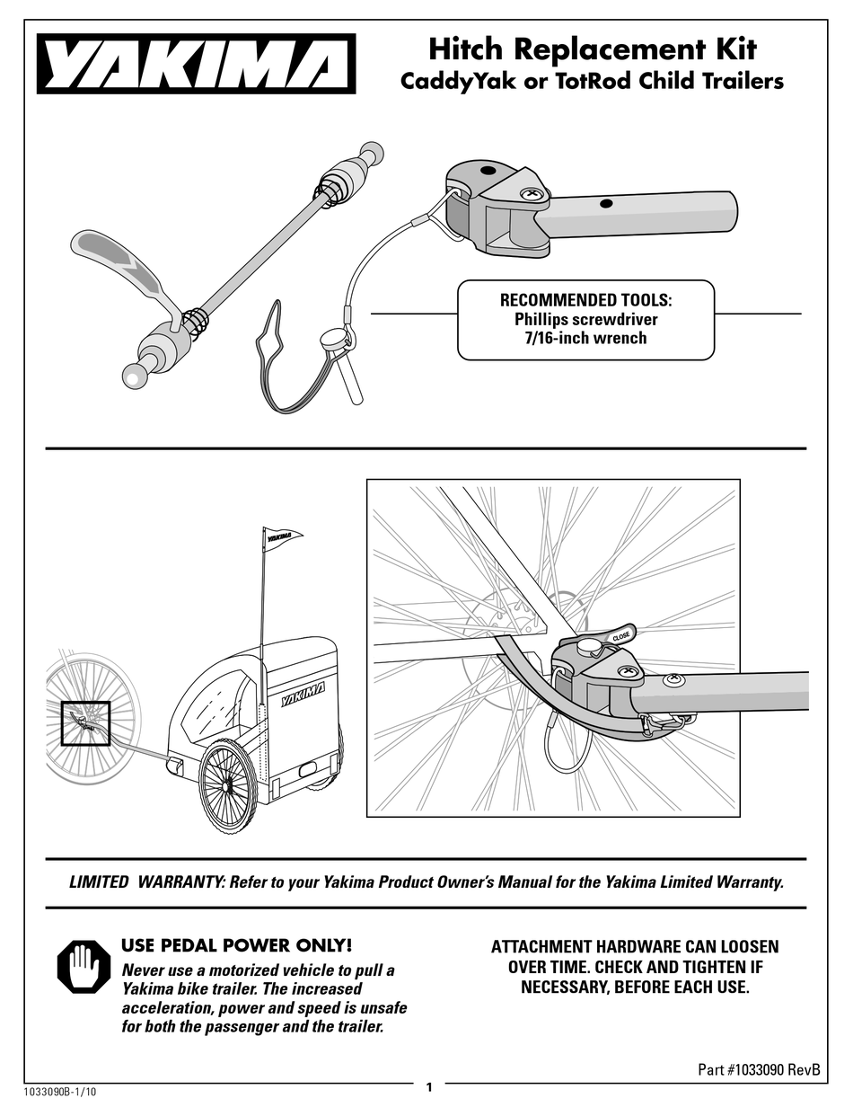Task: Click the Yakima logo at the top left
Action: click(196, 64)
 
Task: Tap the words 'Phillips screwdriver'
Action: click(585, 319)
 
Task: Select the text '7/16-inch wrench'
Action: click(585, 338)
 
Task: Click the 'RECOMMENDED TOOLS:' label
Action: click(585, 300)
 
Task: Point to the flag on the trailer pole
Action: click(284, 538)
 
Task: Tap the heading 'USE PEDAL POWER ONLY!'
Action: click(236, 945)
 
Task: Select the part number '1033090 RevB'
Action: click(778, 1069)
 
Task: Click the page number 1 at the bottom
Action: click(428, 1088)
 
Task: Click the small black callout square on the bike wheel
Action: click(84, 723)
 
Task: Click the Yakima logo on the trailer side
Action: click(303, 694)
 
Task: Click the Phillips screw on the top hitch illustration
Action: click(532, 192)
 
